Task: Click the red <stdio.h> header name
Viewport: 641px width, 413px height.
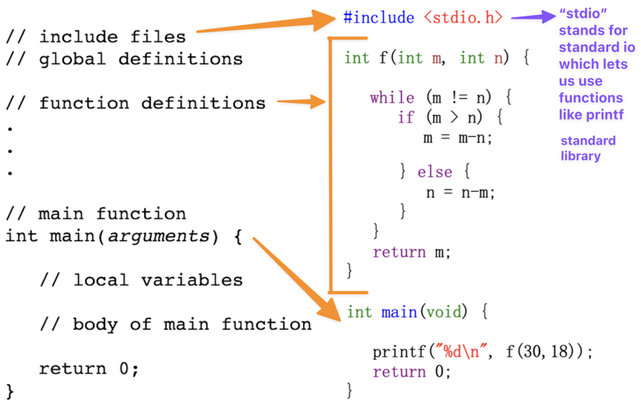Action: pos(464,18)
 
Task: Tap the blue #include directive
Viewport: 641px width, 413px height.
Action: pos(379,18)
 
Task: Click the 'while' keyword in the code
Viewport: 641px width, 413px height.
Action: pos(392,98)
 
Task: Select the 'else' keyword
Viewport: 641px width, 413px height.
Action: pos(434,172)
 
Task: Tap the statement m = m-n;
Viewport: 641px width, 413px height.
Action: pos(458,138)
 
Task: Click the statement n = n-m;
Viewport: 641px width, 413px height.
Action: pos(460,192)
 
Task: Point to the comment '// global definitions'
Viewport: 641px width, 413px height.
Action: pos(124,59)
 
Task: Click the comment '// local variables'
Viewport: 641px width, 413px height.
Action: pos(141,280)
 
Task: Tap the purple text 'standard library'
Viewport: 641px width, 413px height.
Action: pos(587,148)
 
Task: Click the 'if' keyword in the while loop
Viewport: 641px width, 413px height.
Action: pos(405,117)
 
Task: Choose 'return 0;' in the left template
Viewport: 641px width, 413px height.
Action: pos(88,369)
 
